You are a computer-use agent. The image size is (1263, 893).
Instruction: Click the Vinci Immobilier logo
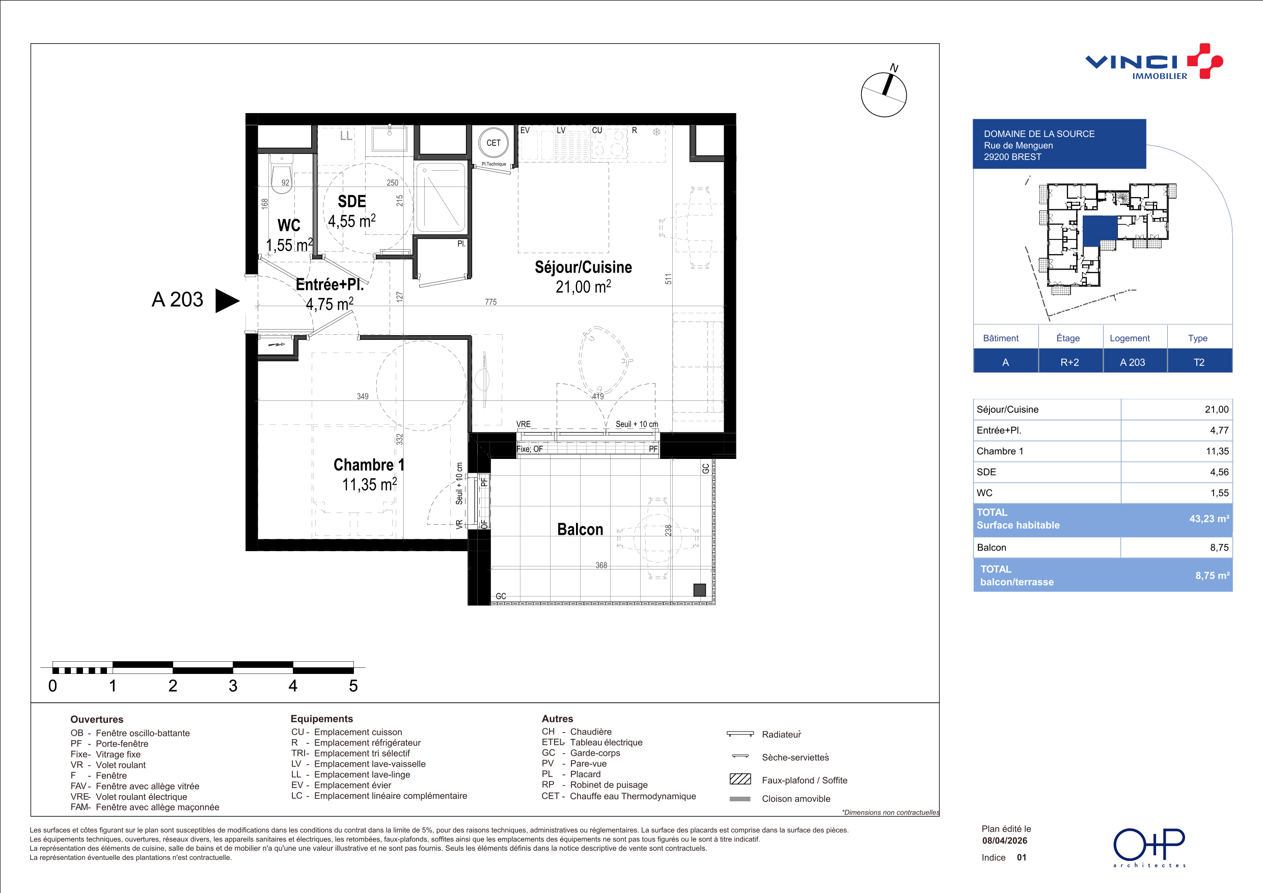pyautogui.click(x=1154, y=62)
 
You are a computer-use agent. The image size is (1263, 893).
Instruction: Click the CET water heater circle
pyautogui.click(x=493, y=143)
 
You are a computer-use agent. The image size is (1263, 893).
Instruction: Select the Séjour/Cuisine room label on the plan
pyautogui.click(x=583, y=267)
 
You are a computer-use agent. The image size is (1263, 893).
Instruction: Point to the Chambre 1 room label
pyautogui.click(x=369, y=465)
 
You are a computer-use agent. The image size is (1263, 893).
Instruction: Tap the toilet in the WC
pyautogui.click(x=282, y=172)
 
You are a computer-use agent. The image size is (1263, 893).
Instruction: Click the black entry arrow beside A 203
pyautogui.click(x=227, y=301)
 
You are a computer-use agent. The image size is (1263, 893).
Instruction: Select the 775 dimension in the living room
pyautogui.click(x=490, y=302)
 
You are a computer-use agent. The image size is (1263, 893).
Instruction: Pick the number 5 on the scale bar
pyautogui.click(x=353, y=686)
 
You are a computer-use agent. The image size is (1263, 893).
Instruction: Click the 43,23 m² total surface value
pyautogui.click(x=1209, y=519)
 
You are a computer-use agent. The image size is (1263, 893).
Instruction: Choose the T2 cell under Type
pyautogui.click(x=1199, y=362)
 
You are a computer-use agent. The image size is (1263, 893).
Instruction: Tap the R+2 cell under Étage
pyautogui.click(x=1069, y=362)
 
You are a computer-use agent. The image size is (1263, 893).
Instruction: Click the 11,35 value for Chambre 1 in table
pyautogui.click(x=1217, y=451)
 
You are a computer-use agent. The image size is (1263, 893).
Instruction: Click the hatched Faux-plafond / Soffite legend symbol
pyautogui.click(x=740, y=779)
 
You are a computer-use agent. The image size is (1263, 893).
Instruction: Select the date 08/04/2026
pyautogui.click(x=1004, y=841)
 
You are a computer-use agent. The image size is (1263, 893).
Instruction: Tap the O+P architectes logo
pyautogui.click(x=1149, y=847)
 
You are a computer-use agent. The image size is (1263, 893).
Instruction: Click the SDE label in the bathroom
pyautogui.click(x=351, y=201)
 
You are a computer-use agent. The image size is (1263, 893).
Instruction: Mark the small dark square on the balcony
pyautogui.click(x=699, y=590)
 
